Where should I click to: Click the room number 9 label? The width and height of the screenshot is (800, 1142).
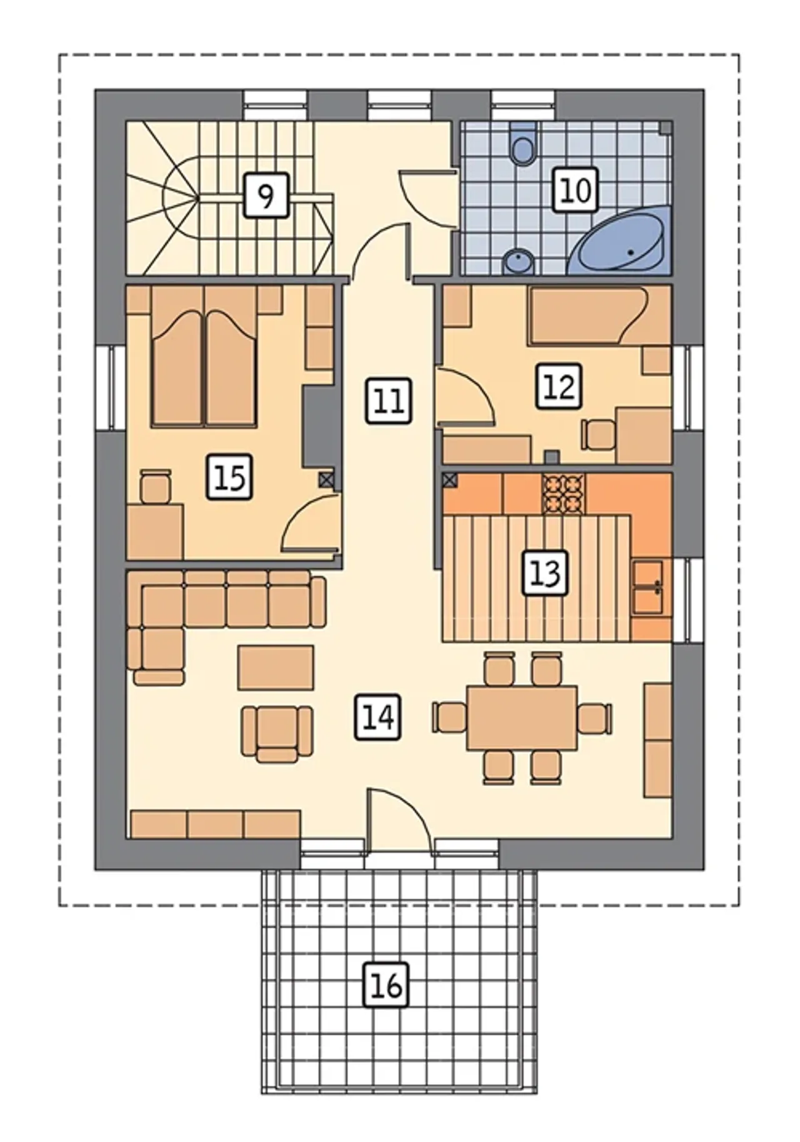click(x=266, y=196)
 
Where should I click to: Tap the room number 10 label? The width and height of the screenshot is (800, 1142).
click(x=575, y=190)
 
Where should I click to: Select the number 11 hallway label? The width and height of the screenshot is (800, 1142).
click(x=388, y=400)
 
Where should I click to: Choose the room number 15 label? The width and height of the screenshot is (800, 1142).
click(x=230, y=477)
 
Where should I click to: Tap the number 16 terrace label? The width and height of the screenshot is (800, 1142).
click(x=387, y=986)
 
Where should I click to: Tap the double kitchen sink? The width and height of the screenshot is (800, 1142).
click(x=647, y=588)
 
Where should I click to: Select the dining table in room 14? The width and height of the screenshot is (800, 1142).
click(x=522, y=717)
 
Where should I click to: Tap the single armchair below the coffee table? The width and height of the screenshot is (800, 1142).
click(x=277, y=734)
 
